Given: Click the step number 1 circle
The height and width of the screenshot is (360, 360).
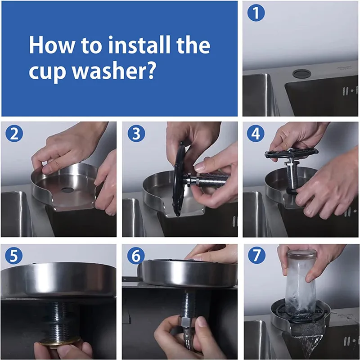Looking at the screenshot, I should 256,13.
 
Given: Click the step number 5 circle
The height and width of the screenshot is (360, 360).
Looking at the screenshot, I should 13,256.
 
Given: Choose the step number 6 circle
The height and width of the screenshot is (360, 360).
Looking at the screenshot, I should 135,256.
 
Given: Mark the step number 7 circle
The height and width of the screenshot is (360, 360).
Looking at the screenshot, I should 256,256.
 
